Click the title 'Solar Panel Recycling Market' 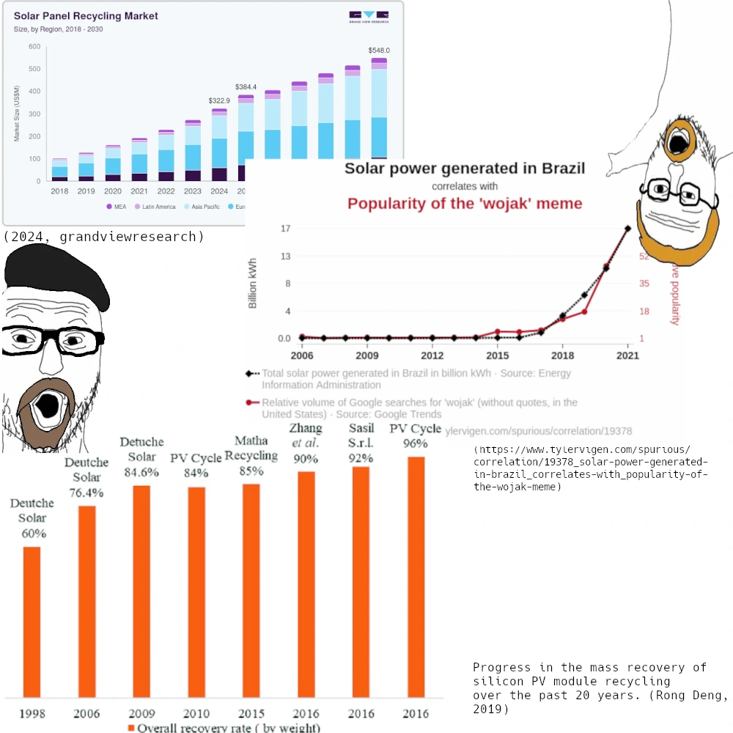point(86,15)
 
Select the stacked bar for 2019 point(86,166)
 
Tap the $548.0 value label point(379,51)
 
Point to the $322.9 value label point(219,100)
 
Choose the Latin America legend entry point(155,207)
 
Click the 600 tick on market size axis point(34,47)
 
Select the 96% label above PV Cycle point(415,443)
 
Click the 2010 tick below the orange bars point(196,712)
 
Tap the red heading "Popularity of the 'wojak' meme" point(465,203)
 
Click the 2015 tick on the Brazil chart point(498,356)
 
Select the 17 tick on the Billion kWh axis point(286,229)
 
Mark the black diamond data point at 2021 point(627,229)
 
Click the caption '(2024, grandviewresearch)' point(103,237)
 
